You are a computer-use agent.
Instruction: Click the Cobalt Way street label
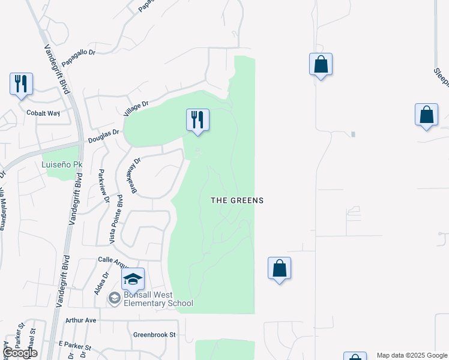[x=43, y=113]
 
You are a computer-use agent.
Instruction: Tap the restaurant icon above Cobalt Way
[x=21, y=84]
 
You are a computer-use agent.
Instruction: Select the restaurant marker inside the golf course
[x=197, y=120]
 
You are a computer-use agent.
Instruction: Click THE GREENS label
[x=237, y=200]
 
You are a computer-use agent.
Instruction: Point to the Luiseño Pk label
[x=62, y=164]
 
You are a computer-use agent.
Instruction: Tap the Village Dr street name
[x=136, y=109]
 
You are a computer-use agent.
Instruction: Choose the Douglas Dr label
[x=104, y=136]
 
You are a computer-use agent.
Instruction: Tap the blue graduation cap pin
[x=133, y=279]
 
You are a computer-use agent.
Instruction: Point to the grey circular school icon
[x=114, y=298]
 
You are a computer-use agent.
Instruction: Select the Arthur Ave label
[x=81, y=320]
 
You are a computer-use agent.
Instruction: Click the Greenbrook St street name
[x=154, y=335]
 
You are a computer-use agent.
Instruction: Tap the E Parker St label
[x=75, y=347]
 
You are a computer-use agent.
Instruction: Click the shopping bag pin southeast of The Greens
[x=280, y=268]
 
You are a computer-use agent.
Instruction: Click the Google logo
[x=20, y=353]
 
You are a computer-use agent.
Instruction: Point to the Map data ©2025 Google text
[x=411, y=355]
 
